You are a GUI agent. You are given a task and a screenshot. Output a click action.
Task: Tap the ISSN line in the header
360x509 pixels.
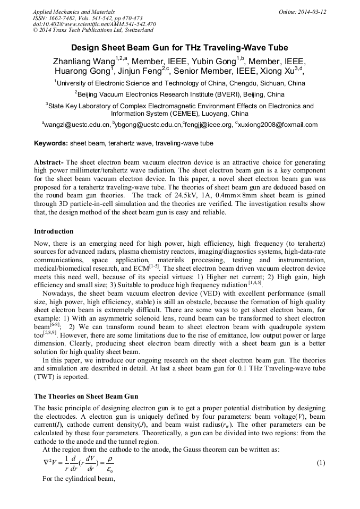pyautogui.click(x=87, y=18)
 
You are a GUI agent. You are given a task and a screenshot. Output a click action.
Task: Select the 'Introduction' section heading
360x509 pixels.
pyautogui.click(x=54, y=231)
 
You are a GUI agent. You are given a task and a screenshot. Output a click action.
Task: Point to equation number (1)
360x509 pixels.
pyautogui.click(x=320, y=462)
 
